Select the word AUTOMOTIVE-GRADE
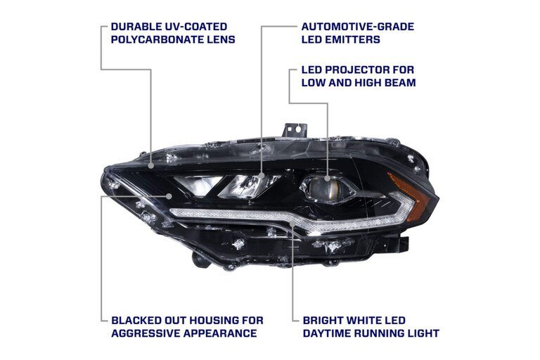357,27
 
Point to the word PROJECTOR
355,70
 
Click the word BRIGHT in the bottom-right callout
325,320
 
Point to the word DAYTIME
328,333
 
